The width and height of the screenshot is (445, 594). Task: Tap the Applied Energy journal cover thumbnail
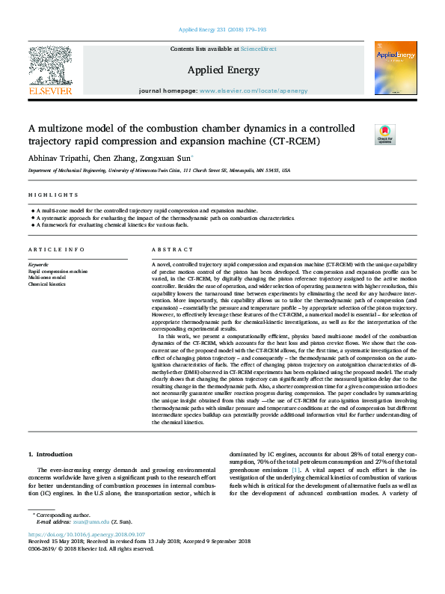coord(390,68)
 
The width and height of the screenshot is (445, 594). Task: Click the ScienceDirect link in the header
coord(260,49)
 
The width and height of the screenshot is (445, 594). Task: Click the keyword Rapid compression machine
coord(58,272)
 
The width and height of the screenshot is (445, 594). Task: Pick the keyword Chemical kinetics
coord(47,284)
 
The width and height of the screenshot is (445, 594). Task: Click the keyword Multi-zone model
coord(46,278)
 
